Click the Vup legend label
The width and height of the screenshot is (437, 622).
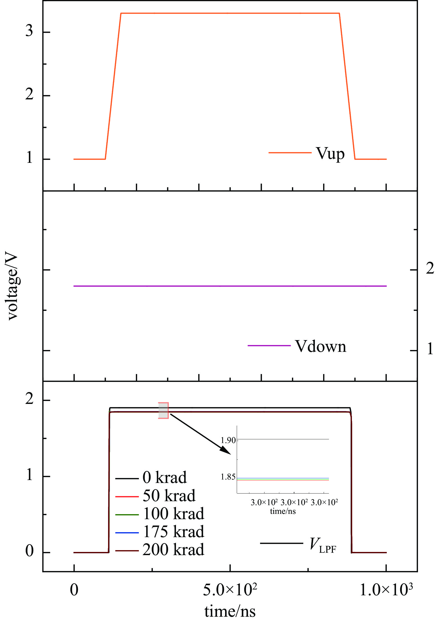coord(330,154)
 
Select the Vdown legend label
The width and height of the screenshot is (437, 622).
coord(320,347)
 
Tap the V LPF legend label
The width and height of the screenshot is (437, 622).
coord(323,545)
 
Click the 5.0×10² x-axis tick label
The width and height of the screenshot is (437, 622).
coord(230,590)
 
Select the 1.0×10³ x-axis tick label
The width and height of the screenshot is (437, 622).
coord(386,590)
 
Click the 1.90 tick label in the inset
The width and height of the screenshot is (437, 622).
coord(228,440)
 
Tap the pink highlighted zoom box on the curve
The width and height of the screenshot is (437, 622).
coord(163,411)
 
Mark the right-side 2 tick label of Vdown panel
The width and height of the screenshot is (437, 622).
coord(430,268)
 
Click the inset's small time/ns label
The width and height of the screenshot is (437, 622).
coord(283,511)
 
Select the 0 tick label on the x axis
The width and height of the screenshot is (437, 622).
coord(74,590)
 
